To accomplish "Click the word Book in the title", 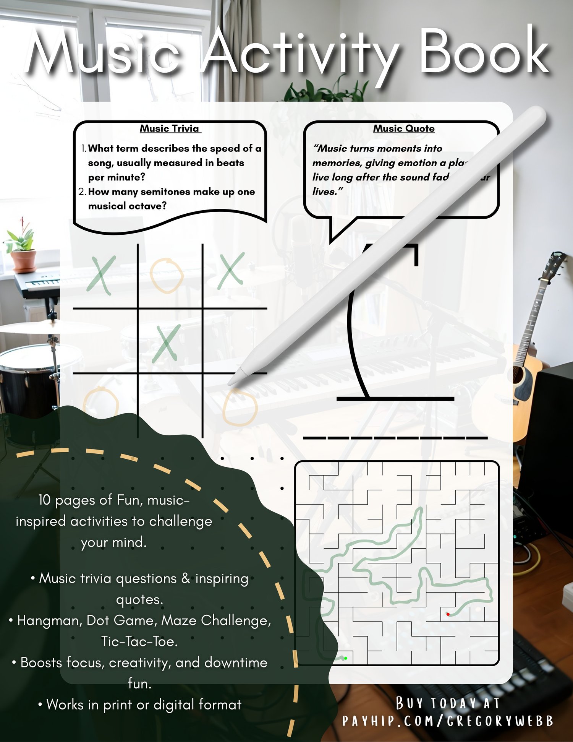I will (484, 52).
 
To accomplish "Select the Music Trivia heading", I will (170, 128).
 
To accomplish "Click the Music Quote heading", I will (404, 128).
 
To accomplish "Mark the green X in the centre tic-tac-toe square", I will (166, 343).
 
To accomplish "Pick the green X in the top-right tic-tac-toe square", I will (231, 270).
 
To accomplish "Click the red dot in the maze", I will (448, 614).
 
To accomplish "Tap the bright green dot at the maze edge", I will (345, 658).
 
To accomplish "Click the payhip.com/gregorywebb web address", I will (448, 721).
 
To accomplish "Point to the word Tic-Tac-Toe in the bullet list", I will (139, 641).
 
